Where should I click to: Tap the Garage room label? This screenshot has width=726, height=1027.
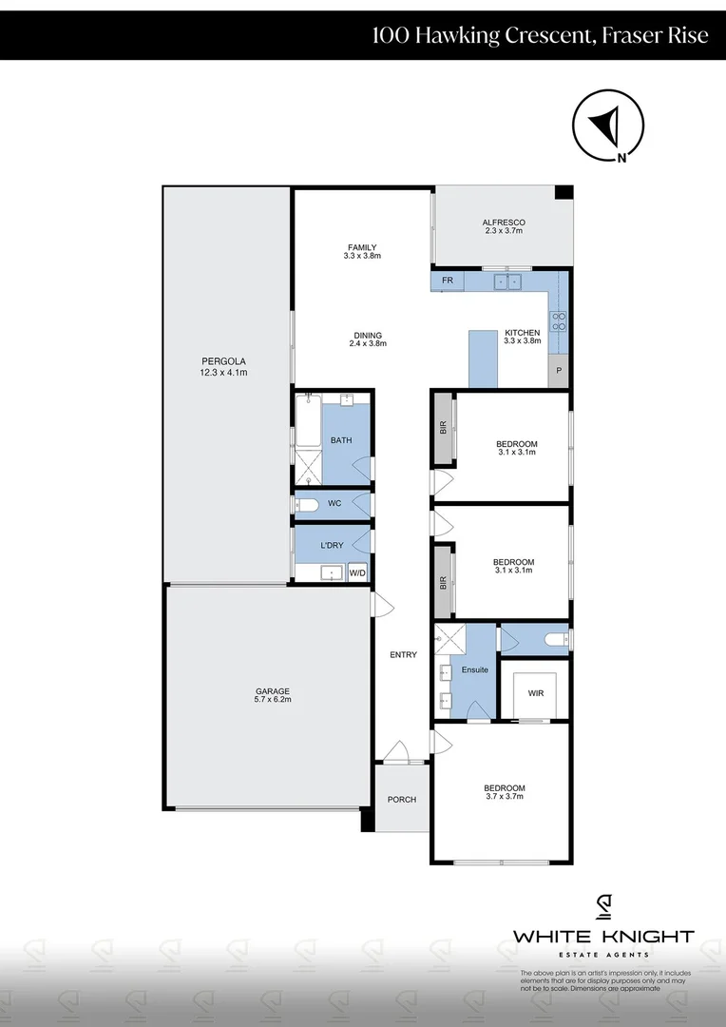click(x=272, y=695)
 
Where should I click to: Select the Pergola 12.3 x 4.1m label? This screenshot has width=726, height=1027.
click(x=224, y=366)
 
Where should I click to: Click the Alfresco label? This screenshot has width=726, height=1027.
click(x=504, y=226)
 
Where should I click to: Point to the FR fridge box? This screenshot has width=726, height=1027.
click(x=447, y=281)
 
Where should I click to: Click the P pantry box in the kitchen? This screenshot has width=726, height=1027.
click(x=559, y=371)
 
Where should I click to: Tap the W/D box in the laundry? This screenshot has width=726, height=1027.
click(x=357, y=572)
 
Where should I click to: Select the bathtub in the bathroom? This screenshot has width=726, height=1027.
click(x=308, y=422)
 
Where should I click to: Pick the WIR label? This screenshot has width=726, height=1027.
click(x=535, y=693)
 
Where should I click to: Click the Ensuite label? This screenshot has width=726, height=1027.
click(x=474, y=669)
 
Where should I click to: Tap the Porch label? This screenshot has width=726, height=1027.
click(x=402, y=799)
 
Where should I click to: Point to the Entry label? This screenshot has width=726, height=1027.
click(x=403, y=654)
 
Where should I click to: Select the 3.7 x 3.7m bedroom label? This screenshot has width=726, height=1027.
click(x=504, y=792)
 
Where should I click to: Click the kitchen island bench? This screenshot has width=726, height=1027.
click(x=484, y=358)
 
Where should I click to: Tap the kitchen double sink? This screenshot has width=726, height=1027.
click(x=506, y=281)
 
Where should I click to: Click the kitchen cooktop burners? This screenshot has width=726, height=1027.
click(x=560, y=321)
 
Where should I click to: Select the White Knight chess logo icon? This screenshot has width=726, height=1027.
click(x=603, y=907)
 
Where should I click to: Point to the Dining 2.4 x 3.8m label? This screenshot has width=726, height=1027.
click(x=368, y=339)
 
